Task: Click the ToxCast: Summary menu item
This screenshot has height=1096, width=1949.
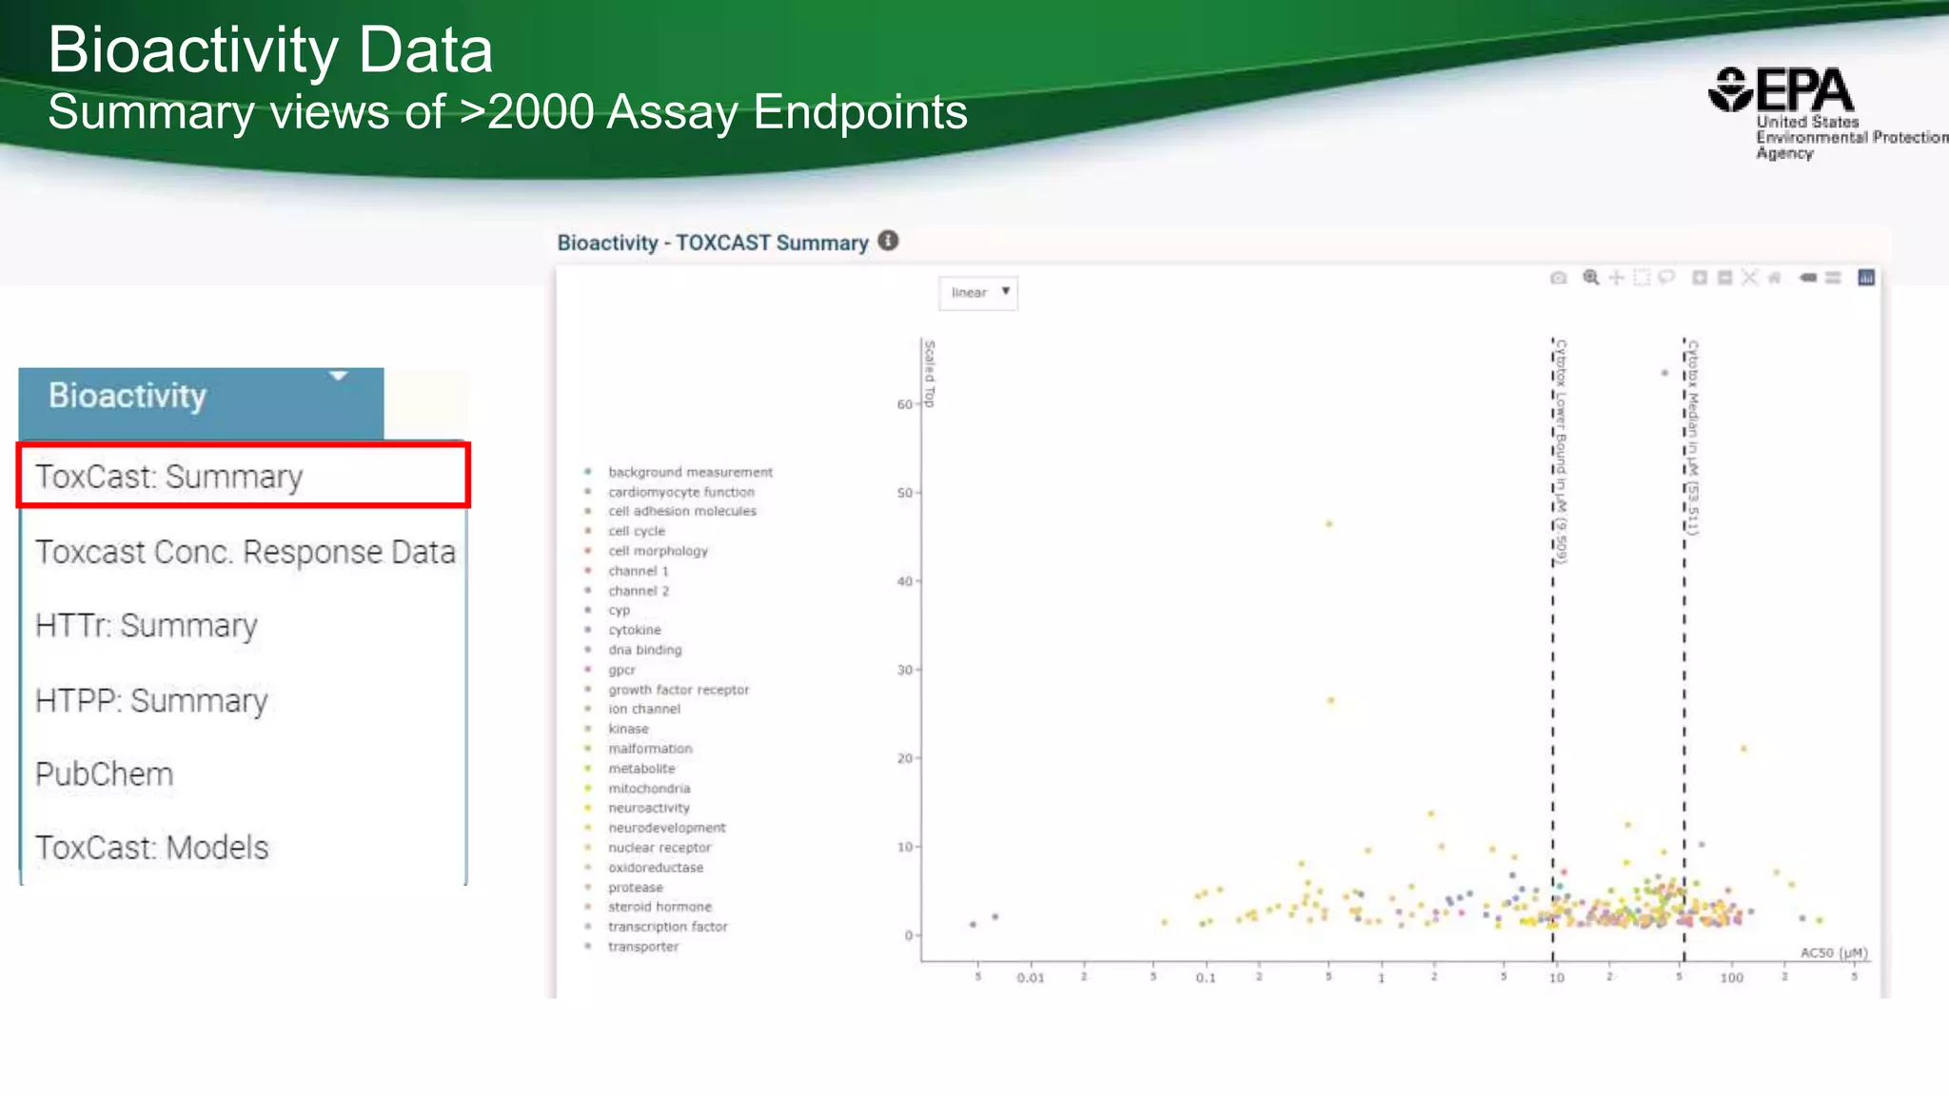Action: (169, 476)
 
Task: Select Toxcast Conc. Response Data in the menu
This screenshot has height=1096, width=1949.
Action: (245, 552)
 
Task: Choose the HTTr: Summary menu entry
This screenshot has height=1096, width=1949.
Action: (146, 626)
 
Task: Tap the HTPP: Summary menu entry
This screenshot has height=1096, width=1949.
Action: (151, 700)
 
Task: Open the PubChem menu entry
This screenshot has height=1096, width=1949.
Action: (104, 774)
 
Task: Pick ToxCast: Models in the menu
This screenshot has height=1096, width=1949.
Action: (151, 848)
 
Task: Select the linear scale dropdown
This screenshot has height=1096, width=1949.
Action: (978, 293)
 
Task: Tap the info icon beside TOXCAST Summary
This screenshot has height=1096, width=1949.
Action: (888, 241)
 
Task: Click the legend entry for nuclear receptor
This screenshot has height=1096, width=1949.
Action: (660, 848)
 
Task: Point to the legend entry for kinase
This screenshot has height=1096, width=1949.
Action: (628, 729)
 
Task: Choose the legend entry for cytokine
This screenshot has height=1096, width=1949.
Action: (634, 630)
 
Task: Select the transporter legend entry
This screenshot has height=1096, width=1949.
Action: (643, 947)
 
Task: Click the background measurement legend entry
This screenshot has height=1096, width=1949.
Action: (690, 472)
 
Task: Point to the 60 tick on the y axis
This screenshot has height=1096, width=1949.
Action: (904, 404)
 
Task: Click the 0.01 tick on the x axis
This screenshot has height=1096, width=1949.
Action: (1031, 978)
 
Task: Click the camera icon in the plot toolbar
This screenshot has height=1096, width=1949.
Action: (1558, 278)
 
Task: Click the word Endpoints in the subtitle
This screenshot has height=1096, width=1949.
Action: (860, 112)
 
